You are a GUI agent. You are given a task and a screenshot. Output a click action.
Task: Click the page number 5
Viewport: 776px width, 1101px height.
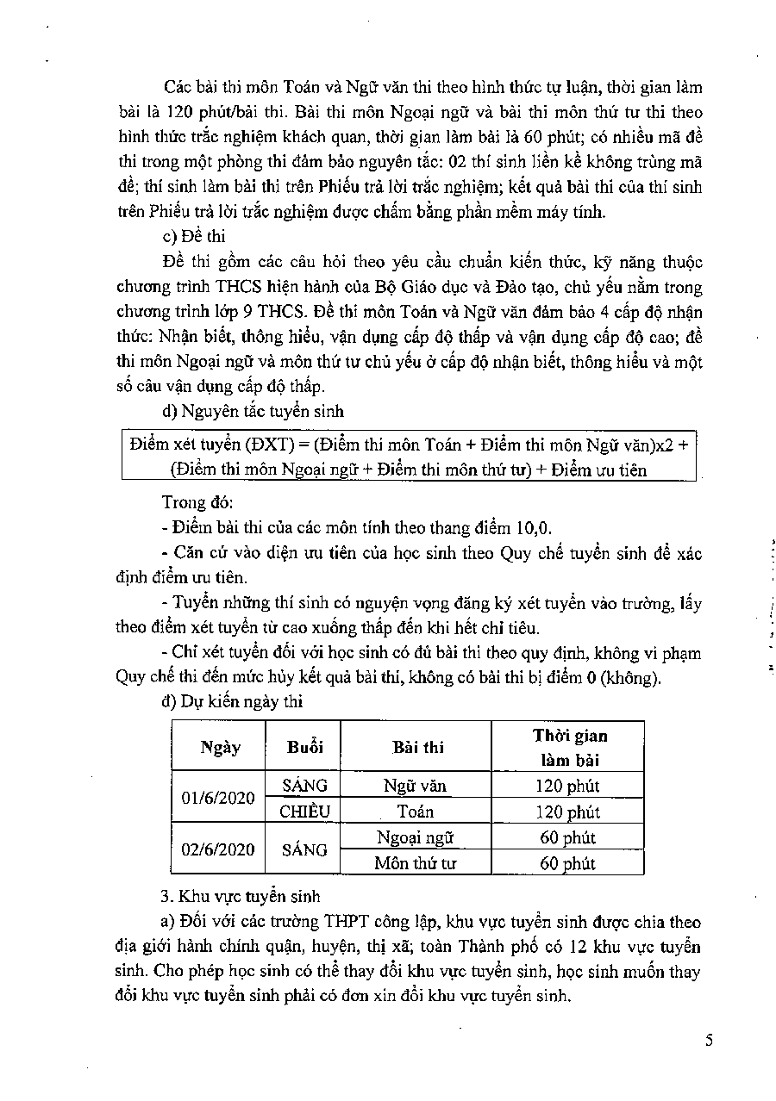pos(709,1040)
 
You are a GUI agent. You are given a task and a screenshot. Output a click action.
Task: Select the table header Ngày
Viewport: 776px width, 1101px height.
pos(220,747)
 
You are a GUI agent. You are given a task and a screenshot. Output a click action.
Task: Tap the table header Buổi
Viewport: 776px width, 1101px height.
pos(305,747)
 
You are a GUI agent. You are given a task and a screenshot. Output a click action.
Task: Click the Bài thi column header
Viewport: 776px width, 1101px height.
pos(417,747)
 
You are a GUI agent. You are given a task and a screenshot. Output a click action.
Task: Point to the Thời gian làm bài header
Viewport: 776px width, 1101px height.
pos(568,748)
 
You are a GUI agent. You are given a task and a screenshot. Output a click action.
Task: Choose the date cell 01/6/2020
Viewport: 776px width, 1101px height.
pos(218,798)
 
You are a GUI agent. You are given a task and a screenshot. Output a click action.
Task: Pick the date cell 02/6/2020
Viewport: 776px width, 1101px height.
pos(218,849)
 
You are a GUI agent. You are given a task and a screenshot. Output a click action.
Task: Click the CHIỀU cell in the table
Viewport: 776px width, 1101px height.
pos(305,812)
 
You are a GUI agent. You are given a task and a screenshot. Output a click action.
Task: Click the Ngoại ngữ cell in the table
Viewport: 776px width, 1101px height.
pos(415,837)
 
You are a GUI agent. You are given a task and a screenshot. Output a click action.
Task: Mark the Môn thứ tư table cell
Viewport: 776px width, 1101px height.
pos(415,863)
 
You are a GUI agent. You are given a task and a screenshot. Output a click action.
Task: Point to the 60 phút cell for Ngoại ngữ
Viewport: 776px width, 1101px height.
pos(567,837)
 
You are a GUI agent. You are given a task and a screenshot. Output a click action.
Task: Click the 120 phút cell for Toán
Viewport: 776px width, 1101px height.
pos(567,812)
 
